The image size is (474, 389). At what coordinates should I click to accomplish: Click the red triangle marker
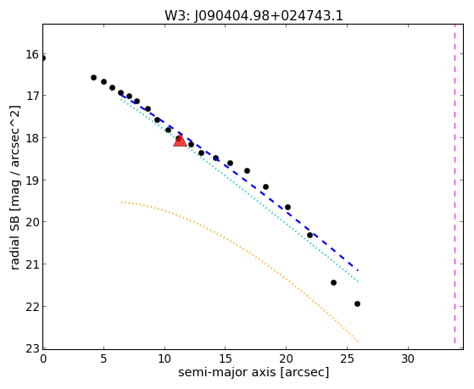(180, 141)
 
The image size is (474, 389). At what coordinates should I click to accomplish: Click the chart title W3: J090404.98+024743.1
(254, 16)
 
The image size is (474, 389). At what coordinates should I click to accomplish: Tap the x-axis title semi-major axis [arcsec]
(254, 372)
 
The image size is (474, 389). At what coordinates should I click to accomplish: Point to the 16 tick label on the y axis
(32, 55)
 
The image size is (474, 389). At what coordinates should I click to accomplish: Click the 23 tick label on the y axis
(32, 349)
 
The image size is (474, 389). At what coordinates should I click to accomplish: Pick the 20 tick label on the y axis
(32, 222)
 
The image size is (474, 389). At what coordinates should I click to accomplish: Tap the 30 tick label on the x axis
(408, 358)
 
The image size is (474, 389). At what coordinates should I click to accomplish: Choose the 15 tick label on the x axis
(226, 358)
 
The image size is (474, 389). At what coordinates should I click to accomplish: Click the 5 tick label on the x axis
(103, 358)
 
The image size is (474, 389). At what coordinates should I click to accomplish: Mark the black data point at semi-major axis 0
(43, 58)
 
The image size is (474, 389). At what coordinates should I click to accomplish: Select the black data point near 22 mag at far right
(357, 303)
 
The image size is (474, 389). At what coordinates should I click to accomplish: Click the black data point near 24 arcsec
(334, 282)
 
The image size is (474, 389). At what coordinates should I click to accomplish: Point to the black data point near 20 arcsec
(287, 207)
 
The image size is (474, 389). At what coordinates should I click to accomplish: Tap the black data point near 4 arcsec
(94, 78)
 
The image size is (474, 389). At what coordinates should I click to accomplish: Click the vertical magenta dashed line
(455, 184)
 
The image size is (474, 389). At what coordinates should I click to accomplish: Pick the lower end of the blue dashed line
(358, 270)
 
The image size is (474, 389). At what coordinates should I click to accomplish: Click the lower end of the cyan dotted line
(358, 281)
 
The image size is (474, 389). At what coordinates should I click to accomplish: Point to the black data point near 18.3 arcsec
(265, 186)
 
